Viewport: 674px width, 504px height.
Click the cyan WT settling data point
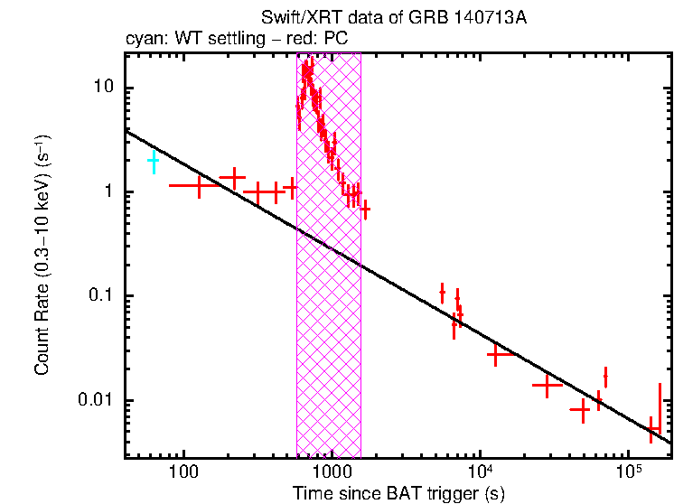coord(154,162)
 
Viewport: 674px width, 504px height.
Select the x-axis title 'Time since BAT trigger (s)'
coord(398,493)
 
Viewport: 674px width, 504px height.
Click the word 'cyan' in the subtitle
coord(141,39)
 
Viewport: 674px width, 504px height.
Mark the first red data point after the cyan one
coord(199,184)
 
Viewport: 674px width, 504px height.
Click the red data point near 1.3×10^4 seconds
coord(496,355)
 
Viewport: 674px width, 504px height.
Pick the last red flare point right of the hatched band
coord(364,210)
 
